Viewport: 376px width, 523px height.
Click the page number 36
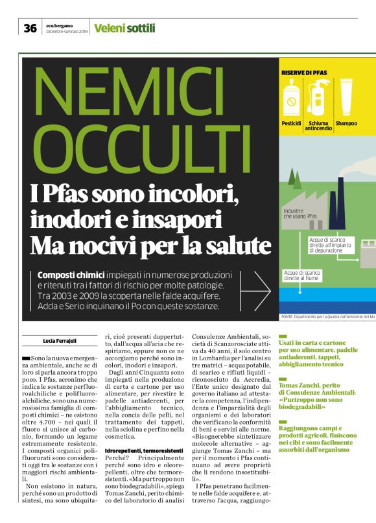(30, 28)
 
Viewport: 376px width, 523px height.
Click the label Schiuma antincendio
(319, 125)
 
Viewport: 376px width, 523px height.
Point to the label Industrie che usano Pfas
(300, 213)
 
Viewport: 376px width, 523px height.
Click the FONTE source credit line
(327, 316)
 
